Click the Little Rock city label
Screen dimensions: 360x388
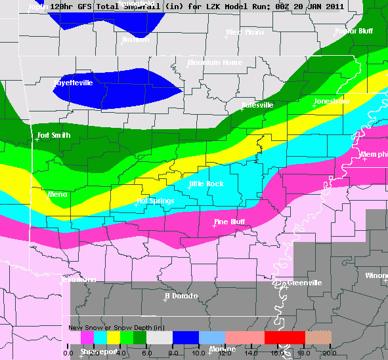tap(207, 184)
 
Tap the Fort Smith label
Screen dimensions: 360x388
tap(54, 136)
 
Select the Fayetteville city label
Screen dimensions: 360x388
tap(73, 83)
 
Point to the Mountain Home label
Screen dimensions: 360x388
tap(215, 63)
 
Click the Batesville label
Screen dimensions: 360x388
tap(257, 105)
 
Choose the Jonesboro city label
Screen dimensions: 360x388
tap(332, 102)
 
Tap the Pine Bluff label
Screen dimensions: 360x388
tap(230, 222)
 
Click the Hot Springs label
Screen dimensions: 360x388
tap(156, 201)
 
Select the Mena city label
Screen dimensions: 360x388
tap(58, 195)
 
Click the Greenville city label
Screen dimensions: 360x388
tap(305, 283)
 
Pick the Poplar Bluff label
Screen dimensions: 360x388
tap(354, 31)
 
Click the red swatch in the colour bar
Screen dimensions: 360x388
tap(284, 337)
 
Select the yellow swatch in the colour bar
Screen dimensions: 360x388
tap(114, 337)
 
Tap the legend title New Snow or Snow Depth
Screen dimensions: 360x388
tap(116, 327)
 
